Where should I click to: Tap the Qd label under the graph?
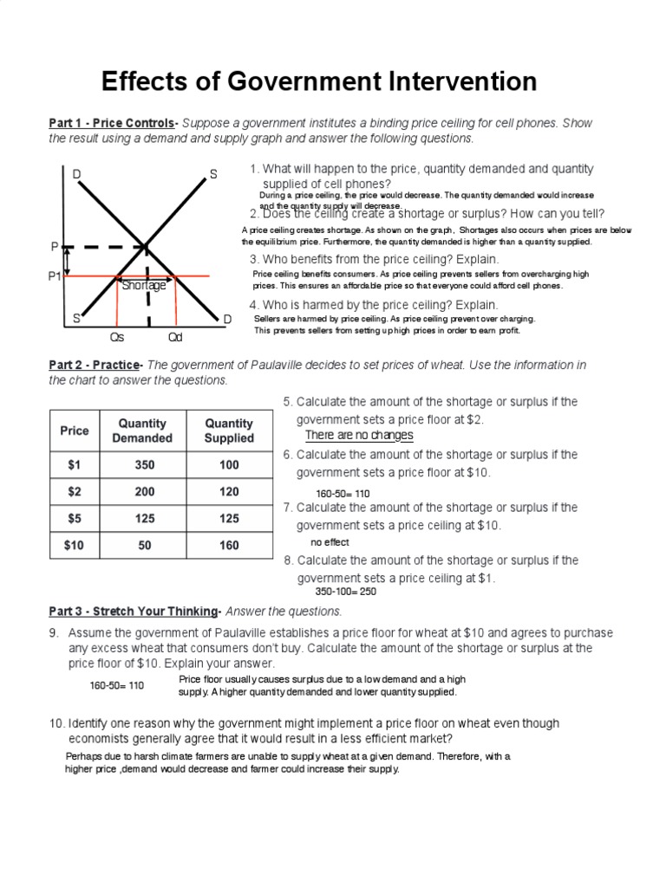(176, 338)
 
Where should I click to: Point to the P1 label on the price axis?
(55, 276)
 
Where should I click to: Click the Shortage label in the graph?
(144, 285)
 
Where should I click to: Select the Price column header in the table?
(75, 431)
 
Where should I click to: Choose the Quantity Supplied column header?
(229, 431)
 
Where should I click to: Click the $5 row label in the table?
(75, 518)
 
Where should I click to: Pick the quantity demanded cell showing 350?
(144, 464)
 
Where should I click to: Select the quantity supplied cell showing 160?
(229, 545)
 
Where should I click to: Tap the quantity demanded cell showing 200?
(144, 491)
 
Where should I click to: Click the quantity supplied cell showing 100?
(229, 464)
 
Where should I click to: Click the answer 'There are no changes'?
(359, 435)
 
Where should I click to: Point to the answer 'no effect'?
(330, 542)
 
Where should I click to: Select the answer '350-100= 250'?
(344, 592)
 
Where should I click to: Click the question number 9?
(54, 632)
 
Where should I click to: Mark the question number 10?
(56, 722)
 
